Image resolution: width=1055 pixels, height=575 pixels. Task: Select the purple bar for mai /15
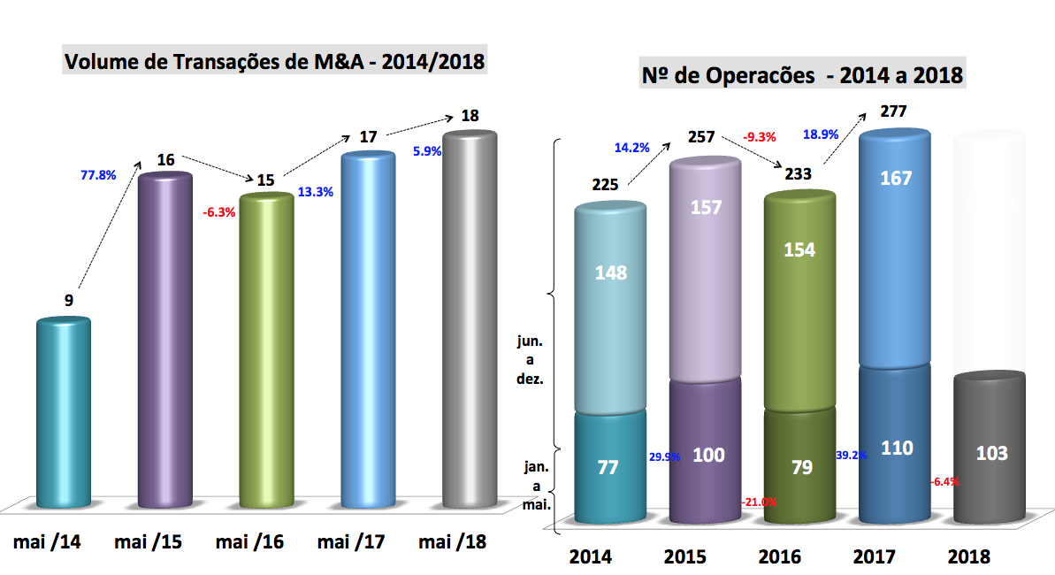pyautogui.click(x=164, y=341)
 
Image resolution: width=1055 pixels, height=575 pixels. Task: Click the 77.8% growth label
pyautogui.click(x=99, y=175)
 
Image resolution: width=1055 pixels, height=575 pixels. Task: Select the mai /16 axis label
pyautogui.click(x=249, y=541)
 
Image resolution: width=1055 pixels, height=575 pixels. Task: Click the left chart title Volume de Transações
pyautogui.click(x=275, y=62)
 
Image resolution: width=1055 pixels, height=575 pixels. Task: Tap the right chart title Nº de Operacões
pyautogui.click(x=802, y=75)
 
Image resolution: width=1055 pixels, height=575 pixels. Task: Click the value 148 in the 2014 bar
pyautogui.click(x=610, y=272)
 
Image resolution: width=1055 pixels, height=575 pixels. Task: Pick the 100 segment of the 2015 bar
pyautogui.click(x=708, y=455)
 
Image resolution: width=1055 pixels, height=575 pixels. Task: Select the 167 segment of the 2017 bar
pyautogui.click(x=895, y=178)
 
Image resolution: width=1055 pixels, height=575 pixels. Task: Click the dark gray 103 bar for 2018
pyautogui.click(x=990, y=453)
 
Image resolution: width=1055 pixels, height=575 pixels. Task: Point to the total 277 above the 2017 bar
pyautogui.click(x=894, y=112)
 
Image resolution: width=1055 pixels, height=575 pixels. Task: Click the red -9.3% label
pyautogui.click(x=760, y=137)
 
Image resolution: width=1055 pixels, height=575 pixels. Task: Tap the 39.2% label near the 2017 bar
pyautogui.click(x=851, y=455)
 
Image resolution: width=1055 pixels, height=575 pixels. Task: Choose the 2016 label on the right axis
pyautogui.click(x=779, y=556)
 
